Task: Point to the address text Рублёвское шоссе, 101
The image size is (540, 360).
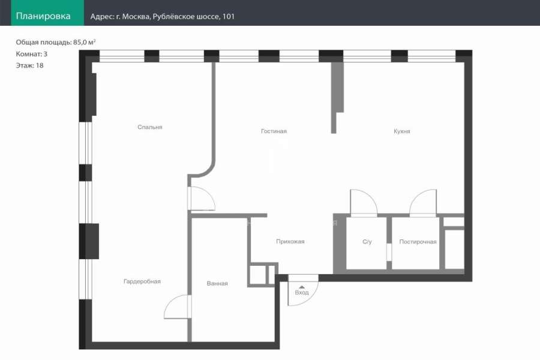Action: pyautogui.click(x=194, y=16)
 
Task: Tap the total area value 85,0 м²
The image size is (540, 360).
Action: pyautogui.click(x=85, y=42)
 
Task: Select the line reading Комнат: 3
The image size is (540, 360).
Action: pyautogui.click(x=32, y=54)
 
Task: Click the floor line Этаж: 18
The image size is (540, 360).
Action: pyautogui.click(x=29, y=65)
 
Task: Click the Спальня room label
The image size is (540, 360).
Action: pyautogui.click(x=150, y=127)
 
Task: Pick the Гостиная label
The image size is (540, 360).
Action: pyautogui.click(x=274, y=131)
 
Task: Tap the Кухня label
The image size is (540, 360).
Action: pyautogui.click(x=402, y=131)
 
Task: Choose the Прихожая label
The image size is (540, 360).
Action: pyautogui.click(x=290, y=241)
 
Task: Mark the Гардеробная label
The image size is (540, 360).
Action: pyautogui.click(x=142, y=281)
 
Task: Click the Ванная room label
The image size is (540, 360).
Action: pyautogui.click(x=217, y=283)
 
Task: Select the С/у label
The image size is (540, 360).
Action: pyautogui.click(x=367, y=241)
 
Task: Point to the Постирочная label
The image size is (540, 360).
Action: pyautogui.click(x=418, y=241)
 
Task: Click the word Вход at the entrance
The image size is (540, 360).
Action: pyautogui.click(x=302, y=292)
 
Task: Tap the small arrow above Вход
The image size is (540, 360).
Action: pyautogui.click(x=302, y=287)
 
